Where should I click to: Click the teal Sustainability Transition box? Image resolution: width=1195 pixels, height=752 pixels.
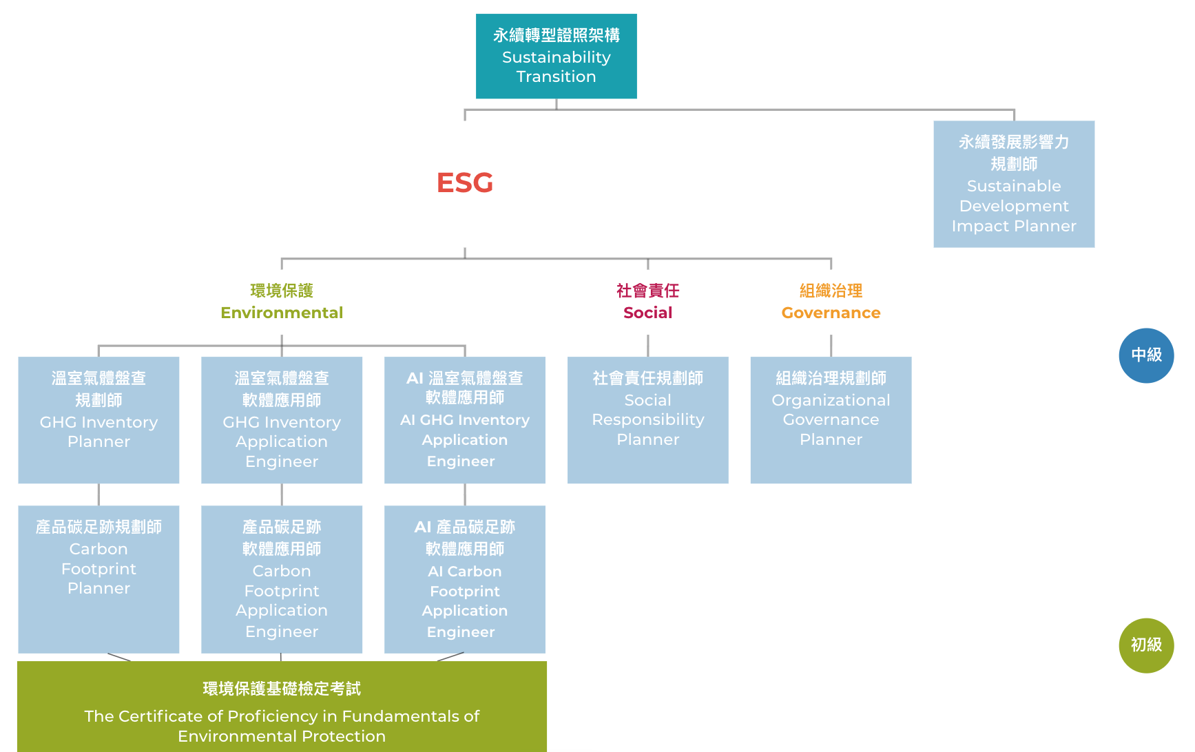tap(556, 56)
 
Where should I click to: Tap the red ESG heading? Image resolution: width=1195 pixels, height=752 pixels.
tap(465, 182)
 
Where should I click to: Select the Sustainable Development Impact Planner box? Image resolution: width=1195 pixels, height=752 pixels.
tap(1013, 184)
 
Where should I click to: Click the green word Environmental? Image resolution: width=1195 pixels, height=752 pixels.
tap(282, 313)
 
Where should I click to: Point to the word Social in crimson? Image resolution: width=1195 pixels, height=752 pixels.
tap(647, 313)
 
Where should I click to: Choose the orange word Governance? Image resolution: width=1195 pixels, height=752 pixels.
tap(831, 313)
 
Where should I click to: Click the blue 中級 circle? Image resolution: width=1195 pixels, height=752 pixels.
tap(1146, 355)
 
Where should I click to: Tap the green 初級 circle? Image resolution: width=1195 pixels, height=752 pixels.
tap(1146, 645)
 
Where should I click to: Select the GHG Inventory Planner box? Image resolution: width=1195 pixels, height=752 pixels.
tap(98, 419)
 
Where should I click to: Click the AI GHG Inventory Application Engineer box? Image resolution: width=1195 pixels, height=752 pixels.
tap(465, 419)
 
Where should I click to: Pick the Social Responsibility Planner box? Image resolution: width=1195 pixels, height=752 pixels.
tap(647, 419)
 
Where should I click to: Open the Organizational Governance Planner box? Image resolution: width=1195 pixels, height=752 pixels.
tap(831, 419)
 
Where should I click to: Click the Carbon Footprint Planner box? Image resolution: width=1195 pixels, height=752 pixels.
tap(98, 578)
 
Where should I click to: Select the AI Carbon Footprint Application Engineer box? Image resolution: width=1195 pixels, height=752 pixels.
tap(465, 578)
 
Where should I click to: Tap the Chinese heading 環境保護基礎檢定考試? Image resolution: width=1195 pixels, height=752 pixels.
tap(282, 689)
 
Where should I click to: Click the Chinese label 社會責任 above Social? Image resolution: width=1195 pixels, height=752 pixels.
tap(647, 291)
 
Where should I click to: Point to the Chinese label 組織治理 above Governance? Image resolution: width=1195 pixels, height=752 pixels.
tap(831, 291)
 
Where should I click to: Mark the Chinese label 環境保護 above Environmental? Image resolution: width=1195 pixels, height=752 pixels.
tap(282, 291)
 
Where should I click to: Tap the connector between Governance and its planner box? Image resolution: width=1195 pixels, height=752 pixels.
tap(831, 345)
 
